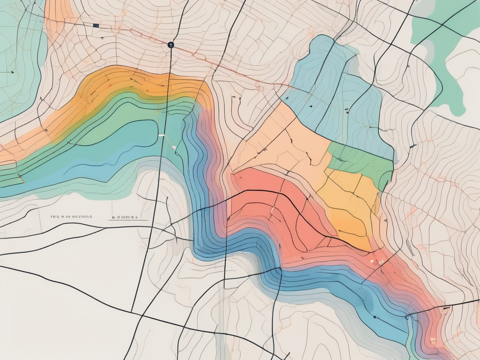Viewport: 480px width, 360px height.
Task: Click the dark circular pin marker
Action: (x=170, y=45)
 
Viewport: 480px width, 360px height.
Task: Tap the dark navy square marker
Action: (x=96, y=25)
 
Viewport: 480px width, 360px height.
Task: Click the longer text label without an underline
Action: (x=71, y=217)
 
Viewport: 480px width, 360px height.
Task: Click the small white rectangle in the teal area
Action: (x=162, y=135)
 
